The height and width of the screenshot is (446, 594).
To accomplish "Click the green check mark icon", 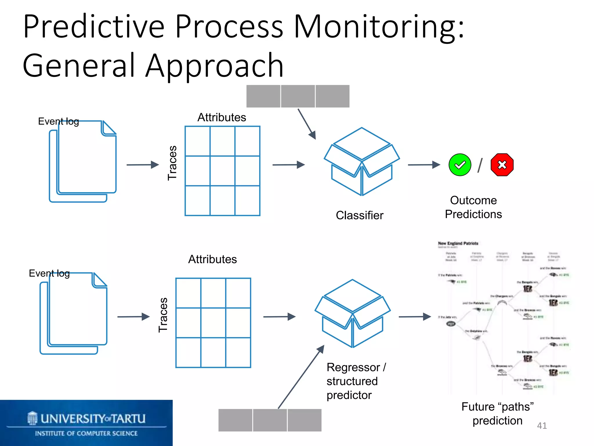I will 460,165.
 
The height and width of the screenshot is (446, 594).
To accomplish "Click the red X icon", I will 502,165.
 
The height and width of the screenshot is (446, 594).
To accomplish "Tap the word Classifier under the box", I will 359,215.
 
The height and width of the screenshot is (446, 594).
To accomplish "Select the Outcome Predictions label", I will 473,207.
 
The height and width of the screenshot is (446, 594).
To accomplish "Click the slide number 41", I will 542,426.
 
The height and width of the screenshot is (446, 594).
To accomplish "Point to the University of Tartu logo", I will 86,423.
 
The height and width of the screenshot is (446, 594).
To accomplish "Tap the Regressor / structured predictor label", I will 356,381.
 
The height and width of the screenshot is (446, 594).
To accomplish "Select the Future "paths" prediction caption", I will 497,414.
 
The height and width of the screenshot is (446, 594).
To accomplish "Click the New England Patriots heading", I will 458,243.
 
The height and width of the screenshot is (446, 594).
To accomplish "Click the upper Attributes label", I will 222,118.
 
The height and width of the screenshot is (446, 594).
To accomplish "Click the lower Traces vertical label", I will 163,315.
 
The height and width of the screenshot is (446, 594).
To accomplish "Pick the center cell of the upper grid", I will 222,171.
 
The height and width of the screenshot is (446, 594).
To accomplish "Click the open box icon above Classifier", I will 362,161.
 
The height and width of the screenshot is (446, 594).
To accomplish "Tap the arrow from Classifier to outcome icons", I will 424,165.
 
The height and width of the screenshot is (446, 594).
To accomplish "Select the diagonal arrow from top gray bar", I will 307,124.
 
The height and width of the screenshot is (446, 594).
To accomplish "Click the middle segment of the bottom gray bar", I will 270,420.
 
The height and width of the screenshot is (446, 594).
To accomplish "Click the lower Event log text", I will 49,273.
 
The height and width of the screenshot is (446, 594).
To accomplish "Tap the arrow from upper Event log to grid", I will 142,165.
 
